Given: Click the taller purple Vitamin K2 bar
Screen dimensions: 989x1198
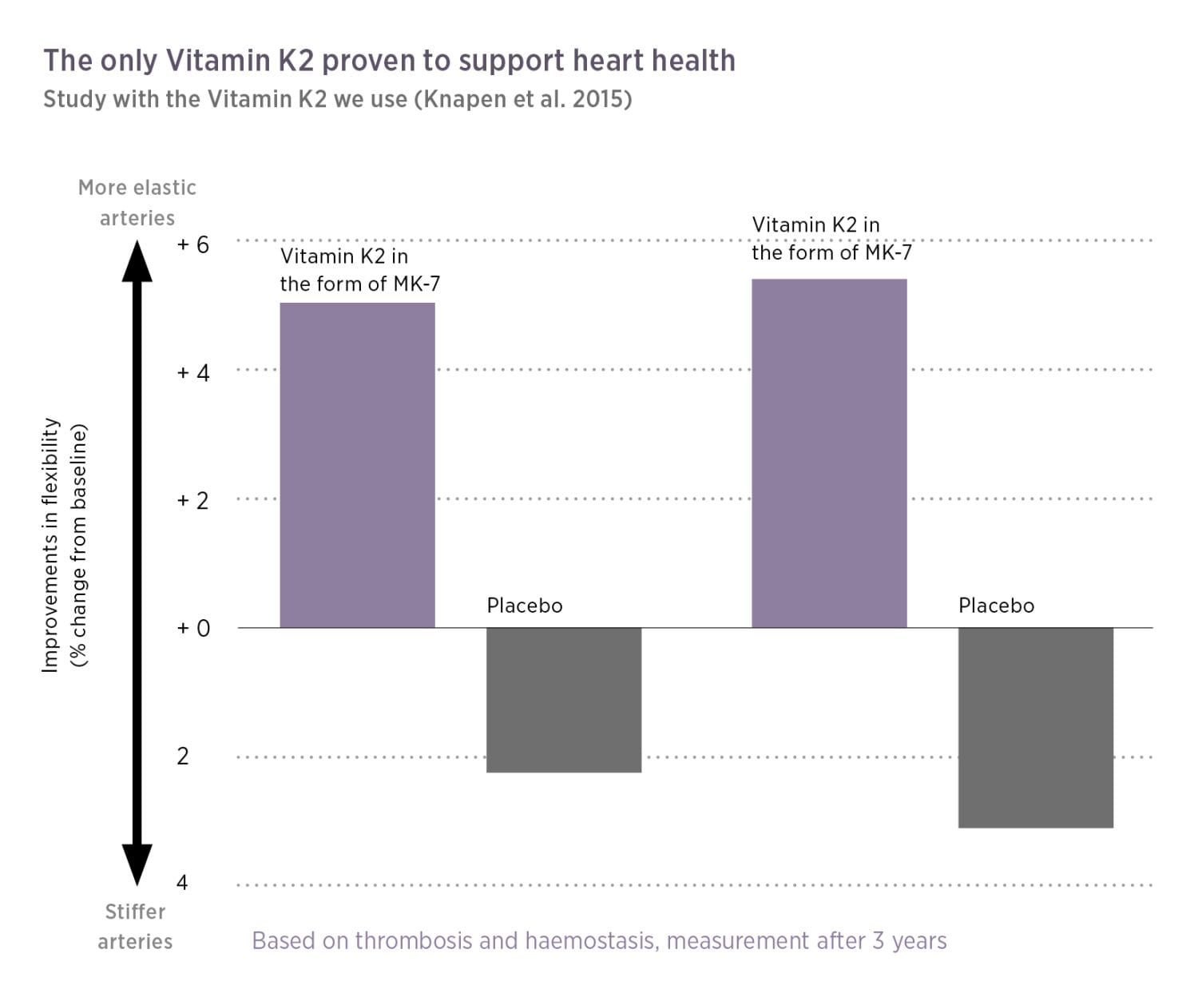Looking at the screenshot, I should coord(829,453).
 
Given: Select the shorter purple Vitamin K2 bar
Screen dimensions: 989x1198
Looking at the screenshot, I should coord(357,465).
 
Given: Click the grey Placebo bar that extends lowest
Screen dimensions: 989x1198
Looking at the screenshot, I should coord(1035,727).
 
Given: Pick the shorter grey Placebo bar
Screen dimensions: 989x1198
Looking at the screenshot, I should coord(564,700).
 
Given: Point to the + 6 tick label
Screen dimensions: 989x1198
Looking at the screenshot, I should coord(192,244).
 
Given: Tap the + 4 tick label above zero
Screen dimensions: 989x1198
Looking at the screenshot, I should coord(192,372).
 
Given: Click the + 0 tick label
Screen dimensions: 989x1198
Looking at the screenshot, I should coord(192,628).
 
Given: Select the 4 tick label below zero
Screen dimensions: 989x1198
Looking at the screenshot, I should coord(182,882).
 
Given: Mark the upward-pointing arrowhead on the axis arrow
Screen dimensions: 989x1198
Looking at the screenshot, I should coord(137,261).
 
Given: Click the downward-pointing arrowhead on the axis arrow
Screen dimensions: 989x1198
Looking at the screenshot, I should coord(137,864).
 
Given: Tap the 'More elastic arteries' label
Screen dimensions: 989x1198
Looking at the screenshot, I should coord(137,202).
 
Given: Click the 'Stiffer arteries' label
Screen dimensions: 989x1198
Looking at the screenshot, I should coord(135,926).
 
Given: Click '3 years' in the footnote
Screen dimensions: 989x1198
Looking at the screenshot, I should coord(909,940).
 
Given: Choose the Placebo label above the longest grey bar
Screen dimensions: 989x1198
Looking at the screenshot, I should coord(996,606).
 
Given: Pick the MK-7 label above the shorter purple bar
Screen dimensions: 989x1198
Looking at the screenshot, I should coord(415,284).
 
